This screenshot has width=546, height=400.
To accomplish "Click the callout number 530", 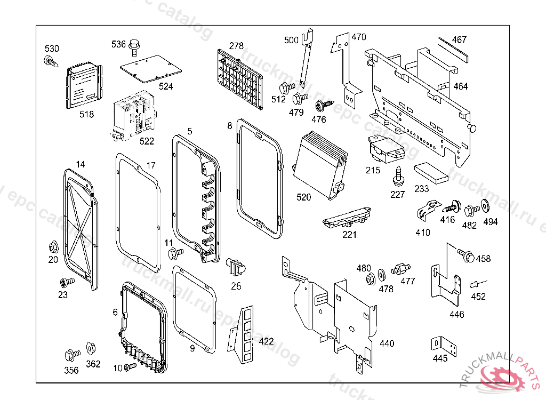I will pyautogui.click(x=52, y=49).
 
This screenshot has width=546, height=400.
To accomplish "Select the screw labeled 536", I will pyautogui.click(x=133, y=49).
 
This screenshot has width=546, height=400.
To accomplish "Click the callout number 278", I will pyautogui.click(x=236, y=45).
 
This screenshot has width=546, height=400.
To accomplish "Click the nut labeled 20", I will pyautogui.click(x=53, y=247).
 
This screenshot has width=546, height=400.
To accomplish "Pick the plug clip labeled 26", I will pyautogui.click(x=234, y=265).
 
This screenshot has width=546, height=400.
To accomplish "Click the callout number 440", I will pyautogui.click(x=387, y=343).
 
